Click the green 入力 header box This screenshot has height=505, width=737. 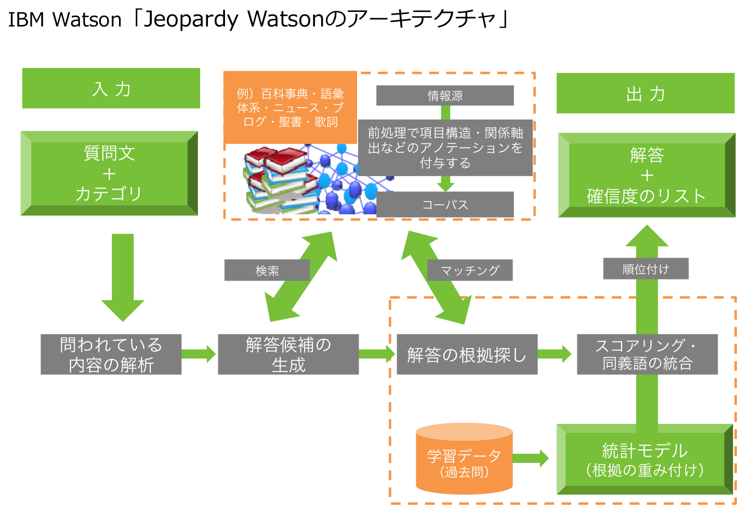pyautogui.click(x=111, y=88)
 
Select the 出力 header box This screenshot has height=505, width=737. pyautogui.click(x=646, y=94)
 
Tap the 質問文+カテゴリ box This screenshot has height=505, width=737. pyautogui.click(x=109, y=173)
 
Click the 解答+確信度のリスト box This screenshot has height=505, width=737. pyautogui.click(x=647, y=175)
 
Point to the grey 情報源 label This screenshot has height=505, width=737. pyautogui.click(x=445, y=96)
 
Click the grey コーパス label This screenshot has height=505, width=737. pyautogui.click(x=445, y=204)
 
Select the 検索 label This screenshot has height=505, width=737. pyautogui.click(x=267, y=270)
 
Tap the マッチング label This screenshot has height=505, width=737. pyautogui.click(x=470, y=270)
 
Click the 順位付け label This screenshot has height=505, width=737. pyautogui.click(x=646, y=269)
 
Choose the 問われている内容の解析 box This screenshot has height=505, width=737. pyautogui.click(x=111, y=354)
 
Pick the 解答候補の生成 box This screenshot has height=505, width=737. pyautogui.click(x=288, y=354)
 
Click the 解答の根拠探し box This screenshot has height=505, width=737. pyautogui.click(x=467, y=354)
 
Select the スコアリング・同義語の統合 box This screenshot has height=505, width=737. pyautogui.click(x=647, y=354)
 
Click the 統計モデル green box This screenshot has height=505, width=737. pyautogui.click(x=644, y=460)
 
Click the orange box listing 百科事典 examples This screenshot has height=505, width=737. pyautogui.click(x=290, y=108)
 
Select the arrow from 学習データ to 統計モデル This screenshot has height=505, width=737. pyautogui.click(x=531, y=458)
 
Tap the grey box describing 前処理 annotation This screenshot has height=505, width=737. pyautogui.click(x=445, y=148)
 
